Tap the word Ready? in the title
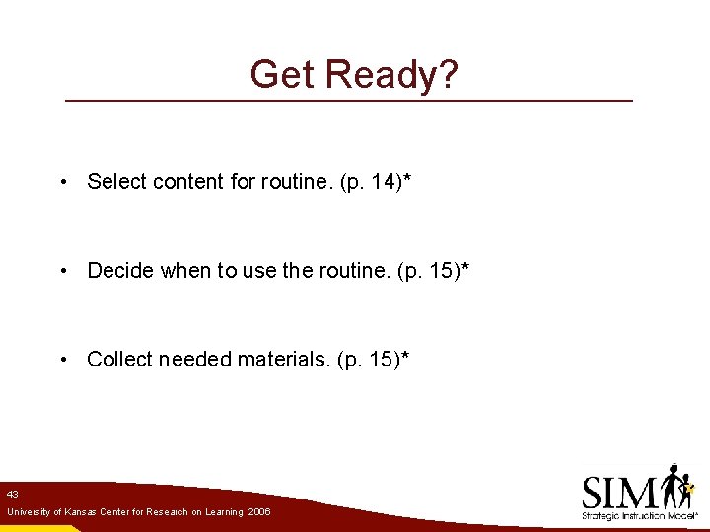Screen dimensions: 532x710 [x=390, y=74]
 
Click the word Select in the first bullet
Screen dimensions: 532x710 [x=115, y=181]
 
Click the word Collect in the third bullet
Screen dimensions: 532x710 [x=118, y=359]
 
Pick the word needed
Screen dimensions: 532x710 [x=193, y=359]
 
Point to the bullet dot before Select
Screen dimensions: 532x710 [x=63, y=182]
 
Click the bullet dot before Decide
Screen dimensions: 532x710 [x=63, y=271]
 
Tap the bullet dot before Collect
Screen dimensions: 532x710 [x=63, y=360]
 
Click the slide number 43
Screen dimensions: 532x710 [x=12, y=494]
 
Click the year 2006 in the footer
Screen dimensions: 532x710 [x=259, y=512]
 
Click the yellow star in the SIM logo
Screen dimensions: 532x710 [x=690, y=487]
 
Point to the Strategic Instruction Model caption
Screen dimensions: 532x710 [x=640, y=515]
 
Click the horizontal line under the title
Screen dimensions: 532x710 [x=347, y=100]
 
